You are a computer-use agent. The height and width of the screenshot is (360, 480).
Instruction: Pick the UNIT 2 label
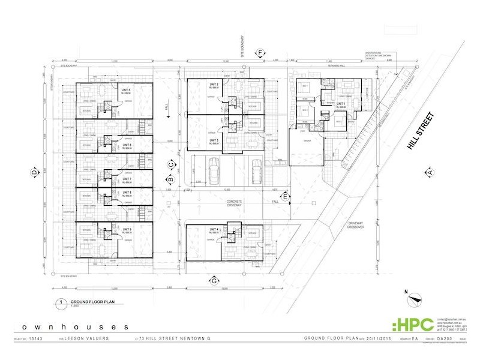coord(212,85)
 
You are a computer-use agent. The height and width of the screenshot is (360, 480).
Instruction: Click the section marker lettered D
coord(34,173)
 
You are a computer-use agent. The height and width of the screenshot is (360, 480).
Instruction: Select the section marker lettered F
coord(260,54)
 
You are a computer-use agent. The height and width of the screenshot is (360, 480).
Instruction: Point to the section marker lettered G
coord(214,280)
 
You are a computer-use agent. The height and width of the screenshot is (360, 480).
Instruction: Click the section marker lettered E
coord(286,196)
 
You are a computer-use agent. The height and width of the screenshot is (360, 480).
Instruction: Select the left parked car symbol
coord(214,171)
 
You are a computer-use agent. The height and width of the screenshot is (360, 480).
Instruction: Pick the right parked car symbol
coord(257,171)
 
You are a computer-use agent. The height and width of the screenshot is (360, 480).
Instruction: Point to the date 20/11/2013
coord(370,339)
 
